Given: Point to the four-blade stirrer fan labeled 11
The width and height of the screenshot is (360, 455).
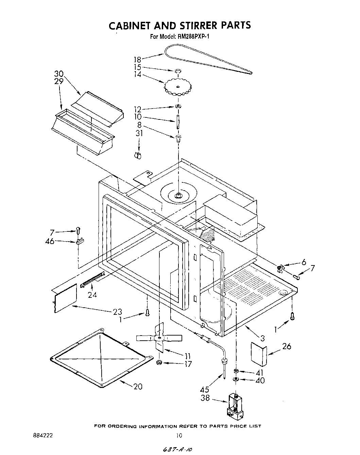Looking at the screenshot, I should [159, 338].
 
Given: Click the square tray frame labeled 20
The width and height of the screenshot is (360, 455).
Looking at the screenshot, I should [101, 358].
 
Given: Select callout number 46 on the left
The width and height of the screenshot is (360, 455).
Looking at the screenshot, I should [50, 242].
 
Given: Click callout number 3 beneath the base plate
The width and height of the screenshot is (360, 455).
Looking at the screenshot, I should [262, 338].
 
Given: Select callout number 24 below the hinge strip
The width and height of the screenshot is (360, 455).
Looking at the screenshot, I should [92, 295].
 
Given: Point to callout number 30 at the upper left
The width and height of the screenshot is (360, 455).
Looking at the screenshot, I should [59, 74].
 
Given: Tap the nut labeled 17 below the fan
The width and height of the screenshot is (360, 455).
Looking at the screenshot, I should [158, 363].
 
